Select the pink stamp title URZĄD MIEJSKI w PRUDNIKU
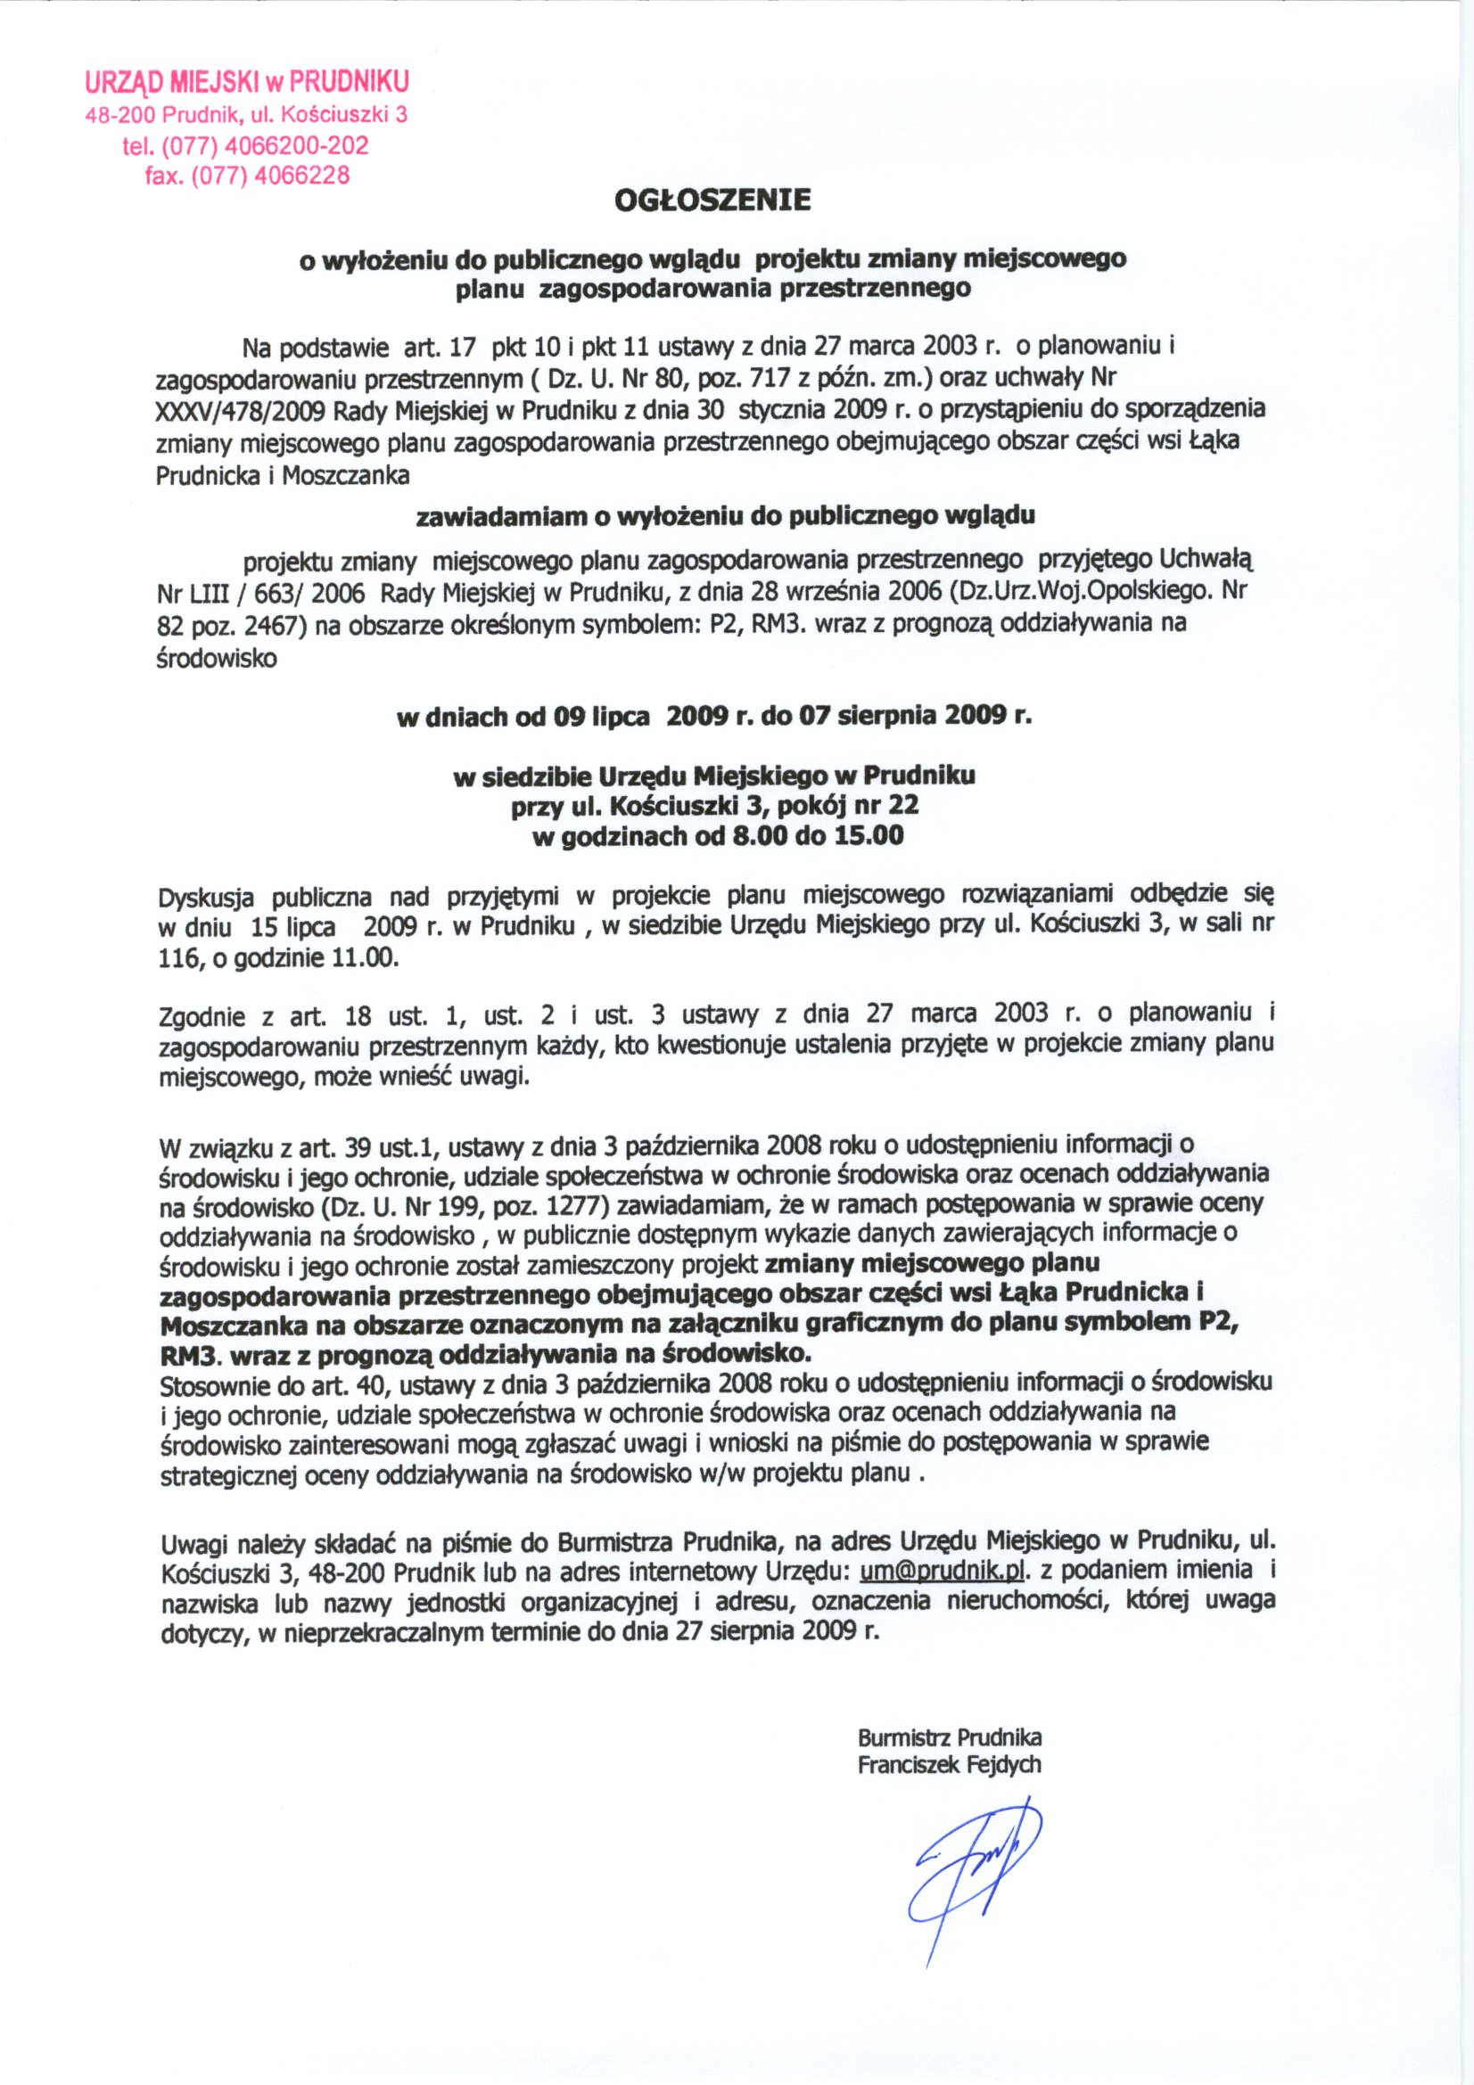[x=246, y=82]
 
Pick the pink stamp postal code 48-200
[x=112, y=115]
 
